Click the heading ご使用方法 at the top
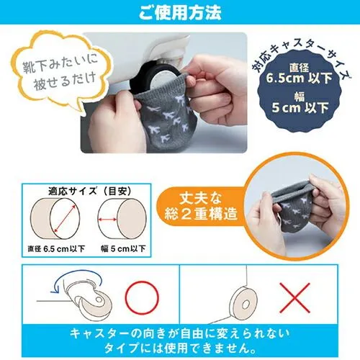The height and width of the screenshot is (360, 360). pos(180,12)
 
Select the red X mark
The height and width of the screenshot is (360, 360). pos(294,298)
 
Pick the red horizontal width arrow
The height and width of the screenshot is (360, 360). pos(107,220)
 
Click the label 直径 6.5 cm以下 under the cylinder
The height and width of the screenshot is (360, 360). pos(56,248)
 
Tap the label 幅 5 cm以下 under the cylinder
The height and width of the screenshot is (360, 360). pos(123,248)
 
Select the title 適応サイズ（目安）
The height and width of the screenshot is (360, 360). pos(90,192)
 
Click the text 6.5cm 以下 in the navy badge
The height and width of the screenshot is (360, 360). pos(299,78)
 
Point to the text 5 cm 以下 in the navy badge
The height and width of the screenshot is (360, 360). pos(300,107)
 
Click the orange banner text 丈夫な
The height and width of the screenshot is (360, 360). pos(201,198)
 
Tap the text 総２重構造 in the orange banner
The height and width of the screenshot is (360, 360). pos(201,214)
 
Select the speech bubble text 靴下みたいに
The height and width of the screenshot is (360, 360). pos(60,63)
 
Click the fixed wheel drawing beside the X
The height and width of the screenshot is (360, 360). pos(243,303)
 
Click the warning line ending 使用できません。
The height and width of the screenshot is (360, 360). pos(180,348)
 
